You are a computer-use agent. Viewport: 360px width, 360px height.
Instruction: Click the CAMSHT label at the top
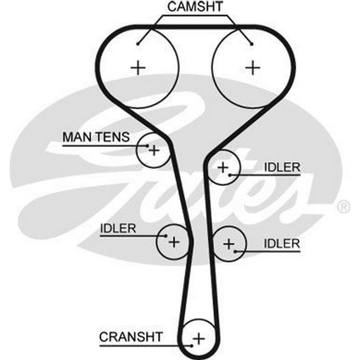coord(195,6)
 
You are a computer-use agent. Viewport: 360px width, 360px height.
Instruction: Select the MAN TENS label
coord(95,137)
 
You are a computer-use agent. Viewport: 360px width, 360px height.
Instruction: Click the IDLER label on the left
coord(118,228)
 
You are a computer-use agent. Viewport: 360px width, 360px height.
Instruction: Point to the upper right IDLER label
coord(282,167)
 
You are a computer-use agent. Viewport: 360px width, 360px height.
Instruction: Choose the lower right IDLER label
coord(282,243)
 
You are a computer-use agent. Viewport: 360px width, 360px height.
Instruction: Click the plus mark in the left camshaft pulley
coord(138,67)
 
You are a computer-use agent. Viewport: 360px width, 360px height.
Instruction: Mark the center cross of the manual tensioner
coord(154,150)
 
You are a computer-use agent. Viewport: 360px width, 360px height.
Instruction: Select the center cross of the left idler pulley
coord(174,242)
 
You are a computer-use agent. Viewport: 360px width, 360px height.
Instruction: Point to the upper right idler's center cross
coord(223,167)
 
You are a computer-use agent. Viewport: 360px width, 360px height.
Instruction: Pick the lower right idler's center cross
coord(229,244)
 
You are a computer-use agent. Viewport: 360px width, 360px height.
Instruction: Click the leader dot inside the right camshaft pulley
coord(252,44)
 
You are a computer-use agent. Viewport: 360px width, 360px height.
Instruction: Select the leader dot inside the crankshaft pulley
coord(193,346)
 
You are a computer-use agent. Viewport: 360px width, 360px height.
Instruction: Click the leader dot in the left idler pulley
coord(166,236)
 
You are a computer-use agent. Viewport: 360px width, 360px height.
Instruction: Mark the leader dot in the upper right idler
coord(229,175)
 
